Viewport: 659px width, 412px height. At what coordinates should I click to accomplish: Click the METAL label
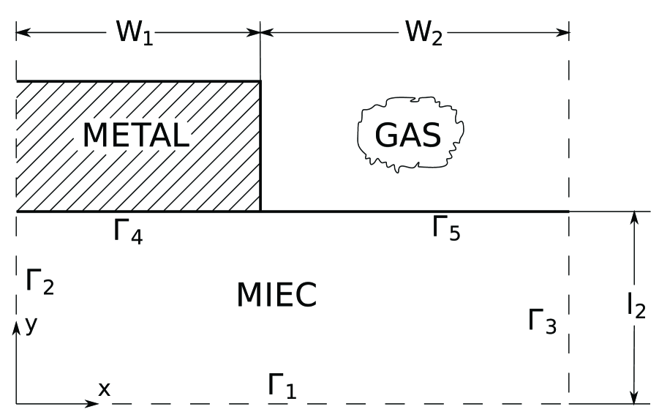point(136,135)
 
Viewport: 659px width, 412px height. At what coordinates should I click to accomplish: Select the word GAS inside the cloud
point(408,134)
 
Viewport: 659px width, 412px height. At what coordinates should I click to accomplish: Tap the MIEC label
point(276,295)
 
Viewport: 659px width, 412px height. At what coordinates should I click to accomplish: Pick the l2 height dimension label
point(635,307)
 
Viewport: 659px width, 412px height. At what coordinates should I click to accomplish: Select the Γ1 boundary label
point(281,386)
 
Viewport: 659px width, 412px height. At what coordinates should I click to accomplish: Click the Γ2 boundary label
point(39,281)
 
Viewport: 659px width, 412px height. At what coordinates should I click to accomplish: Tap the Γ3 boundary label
point(542,321)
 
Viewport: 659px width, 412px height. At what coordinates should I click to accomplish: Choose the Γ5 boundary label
point(445,228)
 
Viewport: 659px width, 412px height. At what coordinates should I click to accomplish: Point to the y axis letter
point(31,324)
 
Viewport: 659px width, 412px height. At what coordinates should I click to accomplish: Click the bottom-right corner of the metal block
point(260,211)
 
